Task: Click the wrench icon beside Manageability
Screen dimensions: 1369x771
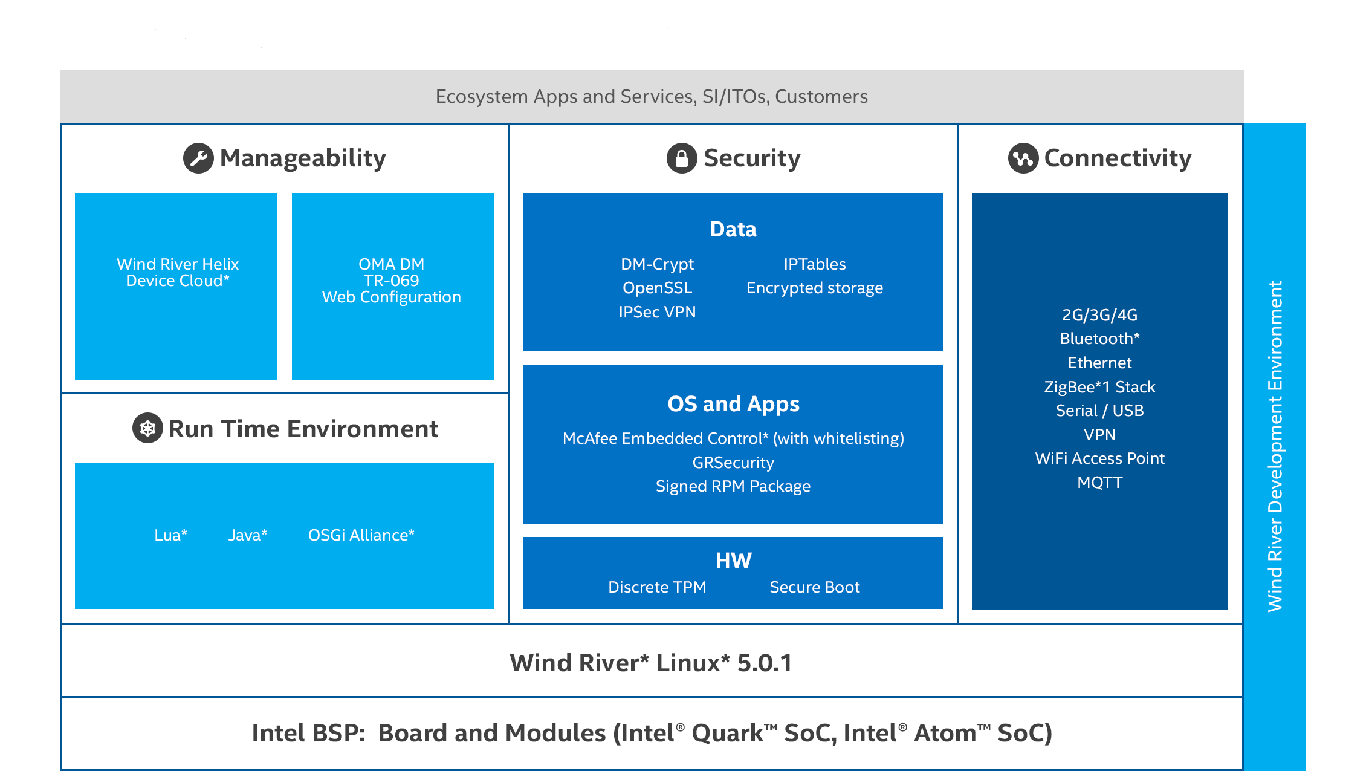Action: [198, 158]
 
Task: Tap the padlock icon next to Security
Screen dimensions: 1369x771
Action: [682, 158]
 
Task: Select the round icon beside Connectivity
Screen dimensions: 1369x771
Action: [1023, 158]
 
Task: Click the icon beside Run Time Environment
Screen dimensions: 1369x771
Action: [147, 428]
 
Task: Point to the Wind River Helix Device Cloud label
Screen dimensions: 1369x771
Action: [178, 272]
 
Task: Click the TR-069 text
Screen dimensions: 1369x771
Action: [392, 281]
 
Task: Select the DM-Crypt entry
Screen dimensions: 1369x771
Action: [657, 264]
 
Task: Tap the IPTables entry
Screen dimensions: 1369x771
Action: [815, 264]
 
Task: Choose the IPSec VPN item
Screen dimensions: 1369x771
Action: [657, 312]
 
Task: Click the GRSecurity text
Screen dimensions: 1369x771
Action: [733, 463]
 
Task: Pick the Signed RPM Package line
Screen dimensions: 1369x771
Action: [733, 486]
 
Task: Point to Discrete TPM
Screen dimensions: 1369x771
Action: [657, 587]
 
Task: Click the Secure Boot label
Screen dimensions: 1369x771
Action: [815, 587]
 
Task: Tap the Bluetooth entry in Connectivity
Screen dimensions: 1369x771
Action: [1100, 339]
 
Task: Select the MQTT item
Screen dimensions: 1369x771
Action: [1100, 483]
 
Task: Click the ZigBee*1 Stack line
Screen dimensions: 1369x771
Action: [1100, 387]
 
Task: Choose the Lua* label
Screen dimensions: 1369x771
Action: [171, 535]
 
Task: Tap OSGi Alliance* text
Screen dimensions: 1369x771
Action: [361, 535]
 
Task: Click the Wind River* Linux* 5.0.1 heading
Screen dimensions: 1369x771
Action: [651, 663]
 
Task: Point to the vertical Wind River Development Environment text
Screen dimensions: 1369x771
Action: [1275, 446]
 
